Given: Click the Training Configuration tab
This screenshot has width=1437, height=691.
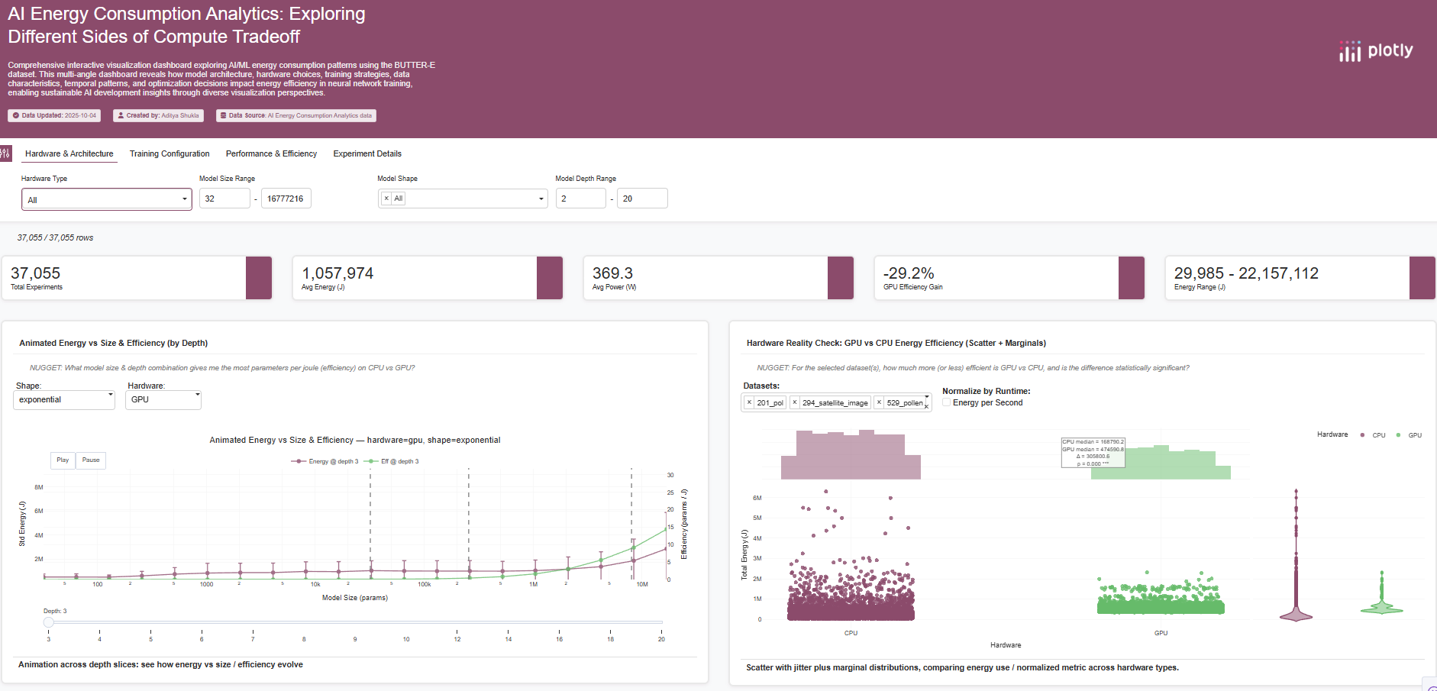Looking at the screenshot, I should [170, 153].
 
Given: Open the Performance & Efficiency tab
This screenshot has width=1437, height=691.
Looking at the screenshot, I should [271, 153].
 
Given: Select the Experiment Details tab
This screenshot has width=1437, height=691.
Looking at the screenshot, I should [367, 153].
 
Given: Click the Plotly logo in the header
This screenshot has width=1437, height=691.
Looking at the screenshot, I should [1376, 51].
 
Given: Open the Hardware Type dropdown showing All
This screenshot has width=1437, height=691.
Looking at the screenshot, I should [107, 199].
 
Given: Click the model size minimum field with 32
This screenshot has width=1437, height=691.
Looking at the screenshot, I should [224, 199].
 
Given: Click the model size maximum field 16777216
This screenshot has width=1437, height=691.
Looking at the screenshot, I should [286, 199].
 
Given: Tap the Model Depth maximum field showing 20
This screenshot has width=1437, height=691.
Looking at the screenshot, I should [641, 199].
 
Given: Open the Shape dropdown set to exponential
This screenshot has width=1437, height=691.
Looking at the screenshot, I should [64, 399].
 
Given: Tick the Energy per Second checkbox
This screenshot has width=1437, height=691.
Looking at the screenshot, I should [947, 402].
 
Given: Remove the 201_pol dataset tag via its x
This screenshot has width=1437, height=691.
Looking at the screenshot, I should [749, 402].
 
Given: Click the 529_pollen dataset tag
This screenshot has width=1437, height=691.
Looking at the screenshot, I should [905, 402].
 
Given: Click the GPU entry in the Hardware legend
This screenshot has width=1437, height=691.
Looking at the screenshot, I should [1409, 435].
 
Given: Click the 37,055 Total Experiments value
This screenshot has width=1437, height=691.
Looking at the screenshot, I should [35, 273].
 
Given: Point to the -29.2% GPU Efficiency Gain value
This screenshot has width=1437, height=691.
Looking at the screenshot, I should [909, 273].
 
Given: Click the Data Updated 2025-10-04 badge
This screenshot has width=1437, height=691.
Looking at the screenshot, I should [54, 115].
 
